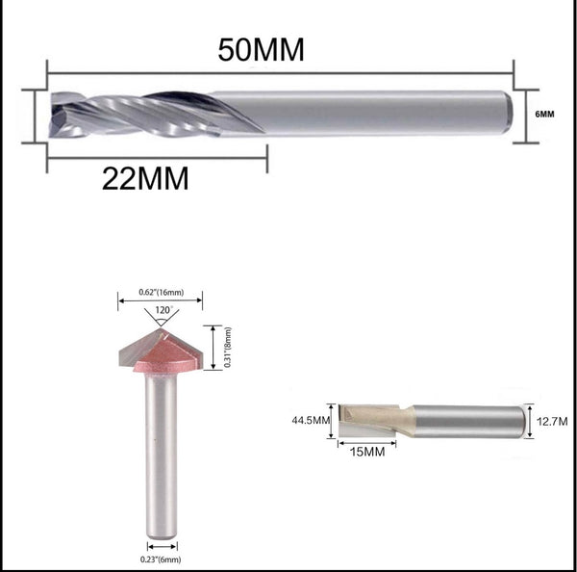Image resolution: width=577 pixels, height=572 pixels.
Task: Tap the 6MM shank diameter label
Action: [x=545, y=114]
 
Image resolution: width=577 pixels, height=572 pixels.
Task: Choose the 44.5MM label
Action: [x=309, y=420]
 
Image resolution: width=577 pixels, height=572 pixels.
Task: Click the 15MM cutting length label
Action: [x=369, y=450]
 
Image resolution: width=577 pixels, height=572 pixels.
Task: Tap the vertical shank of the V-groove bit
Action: [x=162, y=453]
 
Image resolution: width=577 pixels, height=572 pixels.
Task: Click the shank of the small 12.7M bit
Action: [x=471, y=421]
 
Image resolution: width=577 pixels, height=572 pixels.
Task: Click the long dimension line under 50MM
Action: [x=279, y=71]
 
